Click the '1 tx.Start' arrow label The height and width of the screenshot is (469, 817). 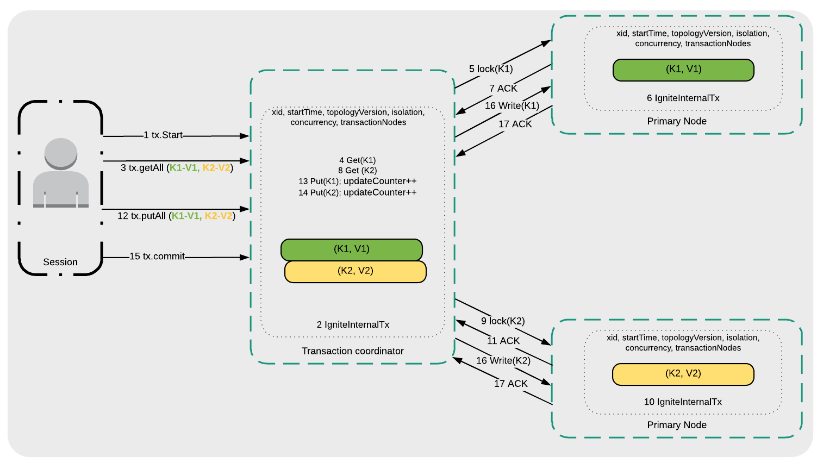(x=163, y=135)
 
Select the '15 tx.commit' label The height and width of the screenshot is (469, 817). (x=157, y=257)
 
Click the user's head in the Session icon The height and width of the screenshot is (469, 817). (x=60, y=153)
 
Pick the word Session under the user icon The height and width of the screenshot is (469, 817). (x=60, y=262)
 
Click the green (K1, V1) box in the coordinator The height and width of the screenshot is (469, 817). (x=352, y=249)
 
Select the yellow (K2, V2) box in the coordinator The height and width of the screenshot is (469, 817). (x=356, y=271)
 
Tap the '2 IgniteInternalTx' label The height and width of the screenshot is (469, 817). (x=353, y=324)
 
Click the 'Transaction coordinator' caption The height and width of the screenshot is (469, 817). (x=353, y=351)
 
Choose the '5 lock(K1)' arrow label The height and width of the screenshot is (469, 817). (x=491, y=69)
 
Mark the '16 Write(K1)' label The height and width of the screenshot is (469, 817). (x=512, y=105)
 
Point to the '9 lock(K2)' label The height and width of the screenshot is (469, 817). (x=503, y=321)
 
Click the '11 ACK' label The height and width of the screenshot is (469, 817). (x=503, y=341)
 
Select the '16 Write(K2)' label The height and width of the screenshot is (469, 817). (x=503, y=360)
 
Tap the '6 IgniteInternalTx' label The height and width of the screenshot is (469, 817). (x=683, y=98)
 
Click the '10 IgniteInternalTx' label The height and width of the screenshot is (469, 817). (x=683, y=402)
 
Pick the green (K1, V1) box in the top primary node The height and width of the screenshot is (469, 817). (x=683, y=70)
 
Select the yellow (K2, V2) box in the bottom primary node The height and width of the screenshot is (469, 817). (x=683, y=374)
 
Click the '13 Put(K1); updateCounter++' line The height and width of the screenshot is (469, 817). (x=357, y=181)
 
